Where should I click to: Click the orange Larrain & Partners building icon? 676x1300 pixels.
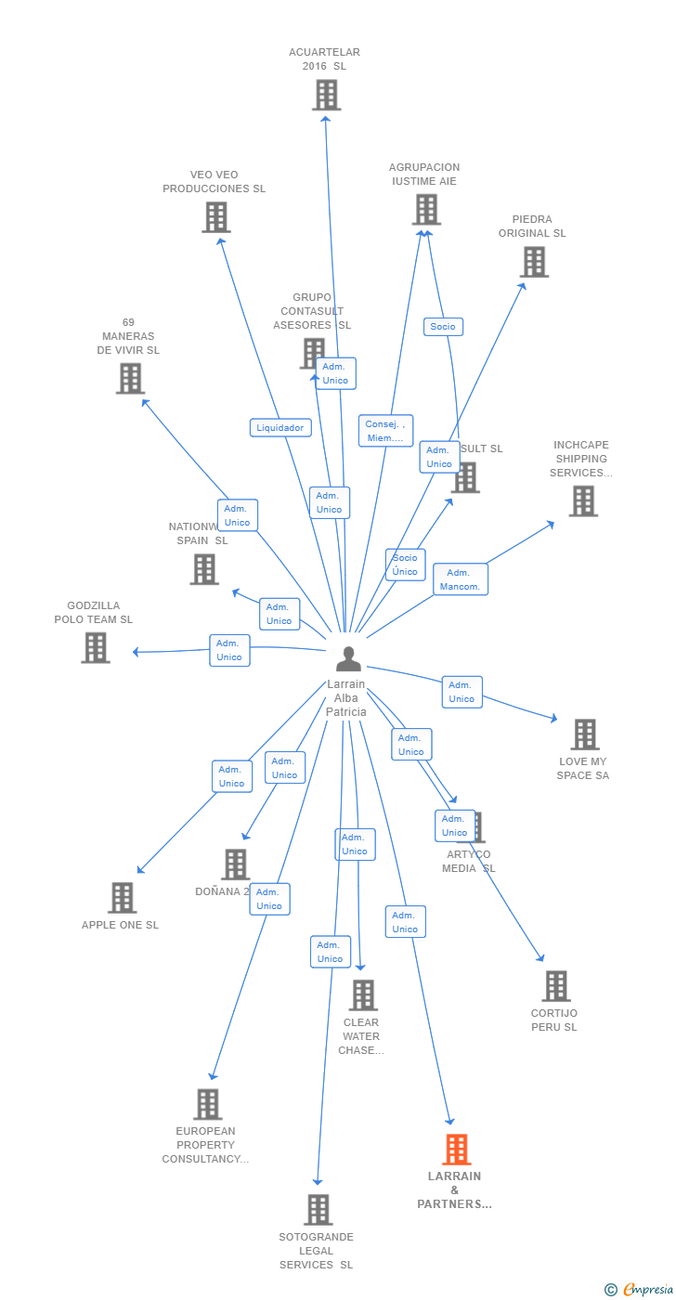456,1150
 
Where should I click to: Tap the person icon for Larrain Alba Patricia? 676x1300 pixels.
348,659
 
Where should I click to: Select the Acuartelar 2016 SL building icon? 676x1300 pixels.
326,95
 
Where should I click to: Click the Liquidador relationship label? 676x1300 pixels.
280,428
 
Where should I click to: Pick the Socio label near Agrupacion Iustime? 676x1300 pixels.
443,327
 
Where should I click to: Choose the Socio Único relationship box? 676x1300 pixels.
405,565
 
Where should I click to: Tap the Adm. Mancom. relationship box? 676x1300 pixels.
460,579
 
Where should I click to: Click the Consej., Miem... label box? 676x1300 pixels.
385,431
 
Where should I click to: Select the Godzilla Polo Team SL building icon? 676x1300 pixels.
96,647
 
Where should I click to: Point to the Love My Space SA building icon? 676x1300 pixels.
584,734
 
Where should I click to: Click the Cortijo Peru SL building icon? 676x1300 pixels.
555,986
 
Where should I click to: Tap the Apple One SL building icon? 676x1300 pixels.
122,898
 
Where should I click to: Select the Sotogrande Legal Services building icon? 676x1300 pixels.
318,1210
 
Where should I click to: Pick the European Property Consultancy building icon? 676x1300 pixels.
207,1104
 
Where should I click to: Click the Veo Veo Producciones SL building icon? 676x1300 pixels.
215,217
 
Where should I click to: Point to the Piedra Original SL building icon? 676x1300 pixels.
534,263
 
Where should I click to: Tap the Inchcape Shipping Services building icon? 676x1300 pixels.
582,501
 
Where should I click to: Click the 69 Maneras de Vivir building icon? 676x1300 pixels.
130,379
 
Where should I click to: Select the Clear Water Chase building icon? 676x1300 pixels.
363,995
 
